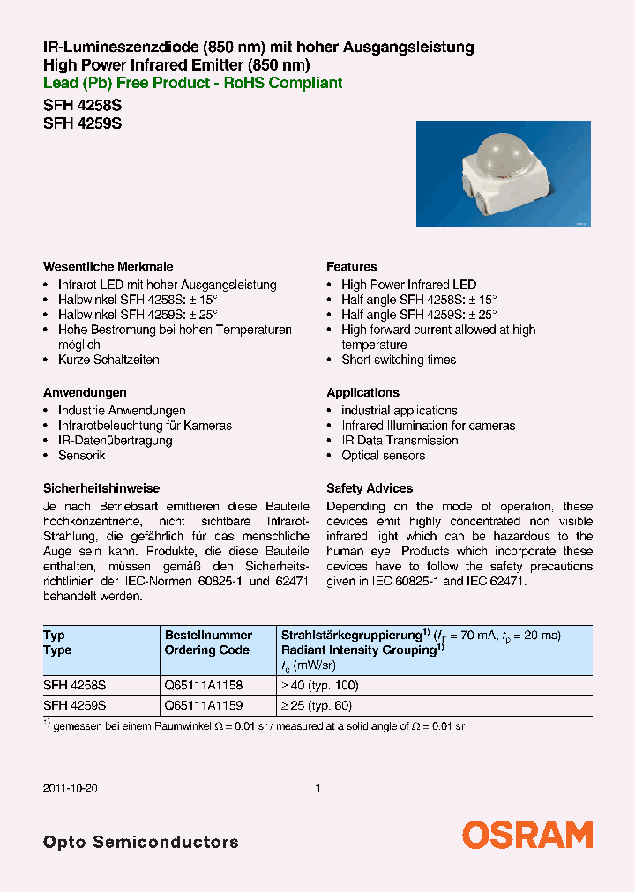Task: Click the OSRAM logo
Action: click(x=527, y=834)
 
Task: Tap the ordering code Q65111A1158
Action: click(x=204, y=685)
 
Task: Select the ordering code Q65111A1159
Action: click(x=204, y=705)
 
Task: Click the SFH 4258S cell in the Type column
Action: click(x=75, y=685)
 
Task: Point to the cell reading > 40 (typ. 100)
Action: click(x=319, y=685)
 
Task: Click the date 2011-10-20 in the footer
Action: click(x=70, y=788)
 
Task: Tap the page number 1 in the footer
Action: click(x=317, y=788)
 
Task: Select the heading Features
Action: click(x=351, y=267)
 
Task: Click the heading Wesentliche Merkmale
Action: click(x=108, y=267)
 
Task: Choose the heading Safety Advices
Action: click(x=370, y=488)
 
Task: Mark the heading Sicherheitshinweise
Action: click(x=101, y=488)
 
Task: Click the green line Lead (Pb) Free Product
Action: click(x=192, y=83)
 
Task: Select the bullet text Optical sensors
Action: click(x=383, y=456)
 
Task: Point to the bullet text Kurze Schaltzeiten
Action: click(x=108, y=361)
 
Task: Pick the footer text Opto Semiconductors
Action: click(x=141, y=842)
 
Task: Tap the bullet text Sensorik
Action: click(x=81, y=456)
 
